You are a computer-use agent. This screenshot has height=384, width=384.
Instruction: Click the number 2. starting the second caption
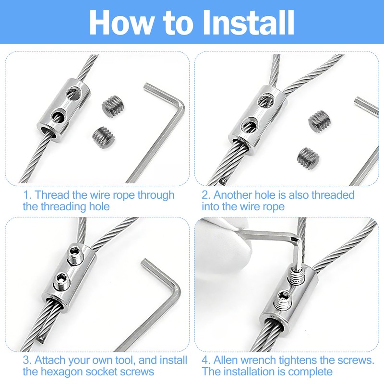click(x=205, y=195)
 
